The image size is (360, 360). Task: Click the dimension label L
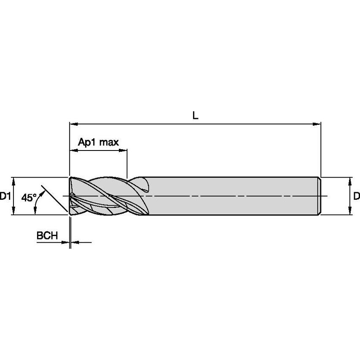pos(195,115)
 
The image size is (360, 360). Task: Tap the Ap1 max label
pos(98,142)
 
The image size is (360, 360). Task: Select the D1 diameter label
pos(5,196)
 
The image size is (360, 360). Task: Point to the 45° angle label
pos(29,198)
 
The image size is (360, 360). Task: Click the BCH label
pos(47,236)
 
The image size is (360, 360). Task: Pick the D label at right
pos(356,196)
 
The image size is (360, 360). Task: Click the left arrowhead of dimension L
pos(73,124)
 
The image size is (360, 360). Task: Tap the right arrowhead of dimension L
pos(317,124)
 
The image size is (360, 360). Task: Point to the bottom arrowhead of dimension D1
pos(13,212)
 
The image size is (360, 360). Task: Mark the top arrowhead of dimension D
pos(350,180)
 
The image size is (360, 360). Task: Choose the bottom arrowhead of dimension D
pos(350,212)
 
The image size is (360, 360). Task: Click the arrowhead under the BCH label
pos(65,242)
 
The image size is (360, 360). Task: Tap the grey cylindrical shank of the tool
pos(232,196)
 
